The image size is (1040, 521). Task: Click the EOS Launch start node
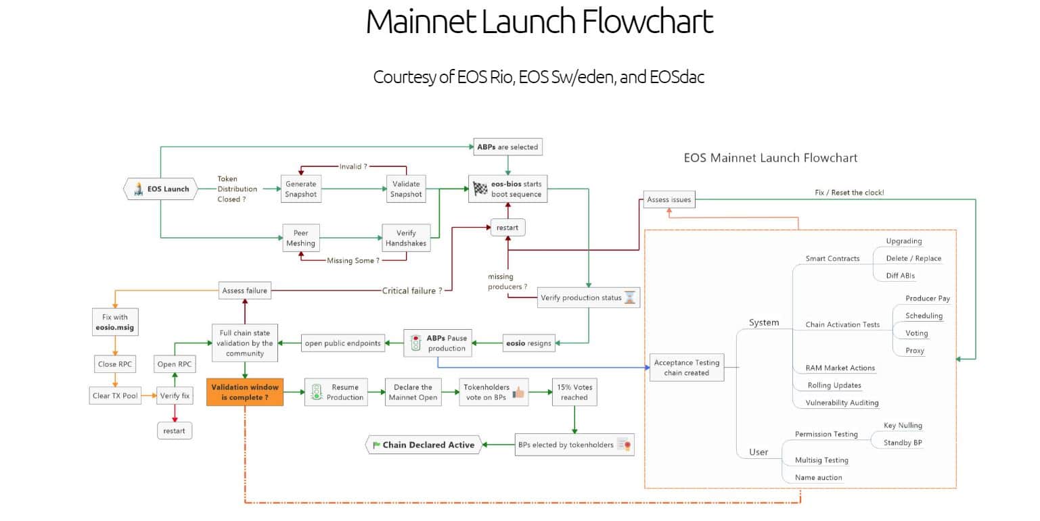click(x=160, y=189)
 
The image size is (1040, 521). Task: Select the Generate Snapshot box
click(x=300, y=189)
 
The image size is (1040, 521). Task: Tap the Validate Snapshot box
click(x=406, y=189)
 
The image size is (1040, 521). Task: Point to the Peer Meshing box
click(x=300, y=239)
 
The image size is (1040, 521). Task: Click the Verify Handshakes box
click(x=406, y=239)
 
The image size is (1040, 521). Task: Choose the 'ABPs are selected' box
click(x=508, y=146)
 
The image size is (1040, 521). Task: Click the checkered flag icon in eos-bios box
click(x=480, y=189)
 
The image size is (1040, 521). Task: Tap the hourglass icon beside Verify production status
click(x=631, y=297)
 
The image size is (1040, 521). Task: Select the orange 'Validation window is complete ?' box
click(x=244, y=393)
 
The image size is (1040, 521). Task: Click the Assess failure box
click(x=244, y=291)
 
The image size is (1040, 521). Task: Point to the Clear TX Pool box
click(x=116, y=396)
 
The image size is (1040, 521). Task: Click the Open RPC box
click(x=175, y=364)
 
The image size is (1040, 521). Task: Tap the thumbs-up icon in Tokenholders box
click(x=519, y=392)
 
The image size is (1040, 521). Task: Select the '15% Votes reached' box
click(x=574, y=393)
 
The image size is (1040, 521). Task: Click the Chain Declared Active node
click(x=424, y=445)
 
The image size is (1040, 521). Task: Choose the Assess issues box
click(x=669, y=200)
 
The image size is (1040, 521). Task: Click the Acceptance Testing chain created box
click(x=686, y=368)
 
